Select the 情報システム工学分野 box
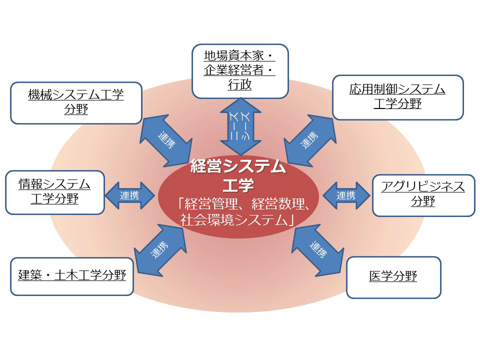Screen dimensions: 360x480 point(54,192)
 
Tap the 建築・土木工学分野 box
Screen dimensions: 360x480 point(72,275)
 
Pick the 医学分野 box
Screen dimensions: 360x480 point(393,276)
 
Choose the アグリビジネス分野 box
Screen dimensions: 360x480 point(423,194)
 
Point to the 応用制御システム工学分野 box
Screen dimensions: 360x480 point(397,97)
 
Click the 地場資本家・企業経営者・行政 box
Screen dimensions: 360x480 point(240,70)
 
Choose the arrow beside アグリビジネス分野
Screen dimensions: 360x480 point(346,195)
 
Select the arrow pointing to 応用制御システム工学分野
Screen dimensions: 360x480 point(310,140)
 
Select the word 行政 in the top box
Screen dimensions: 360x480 point(240,85)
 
